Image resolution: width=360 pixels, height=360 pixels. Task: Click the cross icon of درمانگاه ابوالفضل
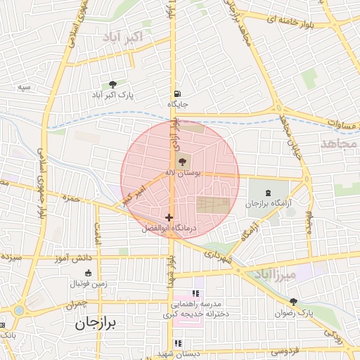coord(169,217)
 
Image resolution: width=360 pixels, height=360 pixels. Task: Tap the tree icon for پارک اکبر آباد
coord(112,84)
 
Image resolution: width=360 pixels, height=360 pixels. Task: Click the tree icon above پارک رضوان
coord(293,301)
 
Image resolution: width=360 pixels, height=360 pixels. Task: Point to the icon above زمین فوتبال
coord(88,274)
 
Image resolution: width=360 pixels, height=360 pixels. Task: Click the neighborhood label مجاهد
coord(339,143)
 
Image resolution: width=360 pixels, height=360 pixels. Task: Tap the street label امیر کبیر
coord(133,195)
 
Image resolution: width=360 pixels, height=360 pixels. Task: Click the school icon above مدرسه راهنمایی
coord(195,293)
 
